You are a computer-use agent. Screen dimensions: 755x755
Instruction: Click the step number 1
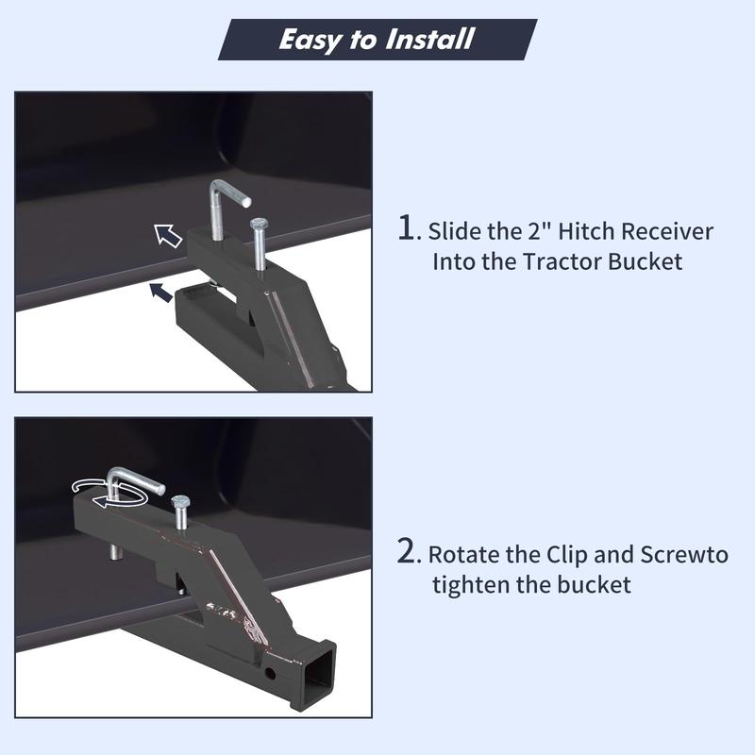tap(406, 227)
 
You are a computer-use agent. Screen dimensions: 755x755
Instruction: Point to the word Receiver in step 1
tap(667, 231)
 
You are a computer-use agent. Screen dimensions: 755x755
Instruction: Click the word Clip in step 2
tap(566, 556)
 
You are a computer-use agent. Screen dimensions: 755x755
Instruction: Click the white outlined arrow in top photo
tap(168, 235)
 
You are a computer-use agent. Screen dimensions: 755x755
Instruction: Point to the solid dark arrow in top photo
tap(160, 293)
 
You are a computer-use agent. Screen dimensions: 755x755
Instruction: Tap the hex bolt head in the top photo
tap(259, 224)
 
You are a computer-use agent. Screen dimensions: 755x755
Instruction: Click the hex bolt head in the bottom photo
tap(180, 502)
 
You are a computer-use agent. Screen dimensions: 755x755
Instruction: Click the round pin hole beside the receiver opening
tap(271, 673)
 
